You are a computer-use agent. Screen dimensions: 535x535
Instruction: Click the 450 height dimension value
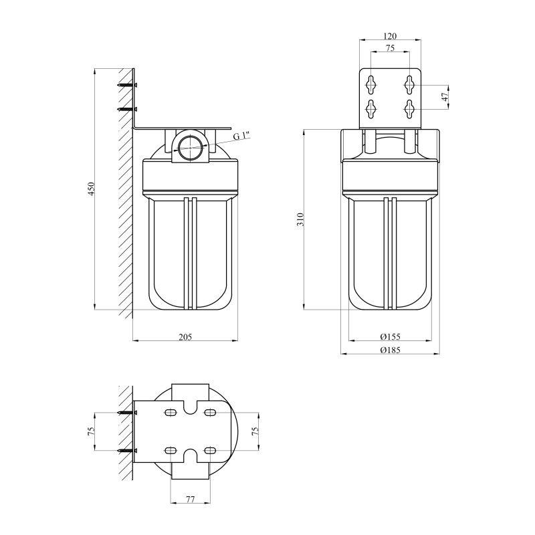click(x=92, y=189)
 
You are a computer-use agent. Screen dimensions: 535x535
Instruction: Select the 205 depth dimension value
click(x=185, y=336)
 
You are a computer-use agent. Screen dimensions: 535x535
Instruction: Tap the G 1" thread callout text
click(x=241, y=136)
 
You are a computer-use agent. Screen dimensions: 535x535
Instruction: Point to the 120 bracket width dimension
click(x=391, y=36)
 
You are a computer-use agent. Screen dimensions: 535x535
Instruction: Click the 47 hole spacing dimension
click(x=445, y=97)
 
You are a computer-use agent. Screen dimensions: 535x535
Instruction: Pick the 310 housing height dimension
click(x=301, y=219)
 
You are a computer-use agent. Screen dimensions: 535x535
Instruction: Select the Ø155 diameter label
click(x=390, y=336)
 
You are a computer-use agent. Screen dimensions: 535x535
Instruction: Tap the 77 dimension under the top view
click(x=189, y=499)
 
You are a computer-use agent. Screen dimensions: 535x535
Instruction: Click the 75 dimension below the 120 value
click(x=391, y=48)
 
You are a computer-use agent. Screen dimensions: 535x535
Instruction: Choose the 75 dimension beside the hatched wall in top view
click(x=92, y=432)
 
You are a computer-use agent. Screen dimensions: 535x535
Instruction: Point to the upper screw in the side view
click(x=127, y=85)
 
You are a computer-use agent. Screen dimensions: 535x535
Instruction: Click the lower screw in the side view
click(x=127, y=108)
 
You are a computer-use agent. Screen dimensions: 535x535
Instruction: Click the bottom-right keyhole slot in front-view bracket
click(x=409, y=108)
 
